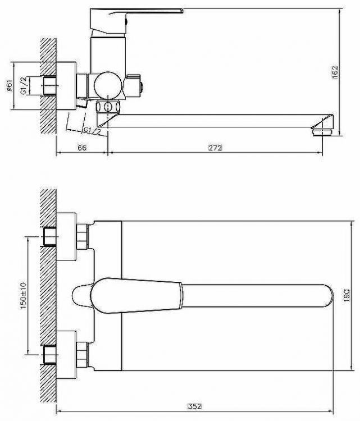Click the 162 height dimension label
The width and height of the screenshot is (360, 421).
coord(335,72)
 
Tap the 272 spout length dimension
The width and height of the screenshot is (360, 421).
coord(215,148)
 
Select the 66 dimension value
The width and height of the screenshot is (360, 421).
coord(82,148)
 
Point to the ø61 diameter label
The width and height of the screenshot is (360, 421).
coord(10,86)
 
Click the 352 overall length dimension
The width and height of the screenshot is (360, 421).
coord(194,406)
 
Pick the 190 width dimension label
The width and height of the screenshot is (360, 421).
coord(347,295)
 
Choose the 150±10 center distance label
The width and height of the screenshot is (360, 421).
coord(24,295)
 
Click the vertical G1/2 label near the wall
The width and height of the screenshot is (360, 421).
coord(24,86)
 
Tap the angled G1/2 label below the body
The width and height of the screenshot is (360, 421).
coord(92,131)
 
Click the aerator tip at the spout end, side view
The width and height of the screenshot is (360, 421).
coord(322,132)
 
